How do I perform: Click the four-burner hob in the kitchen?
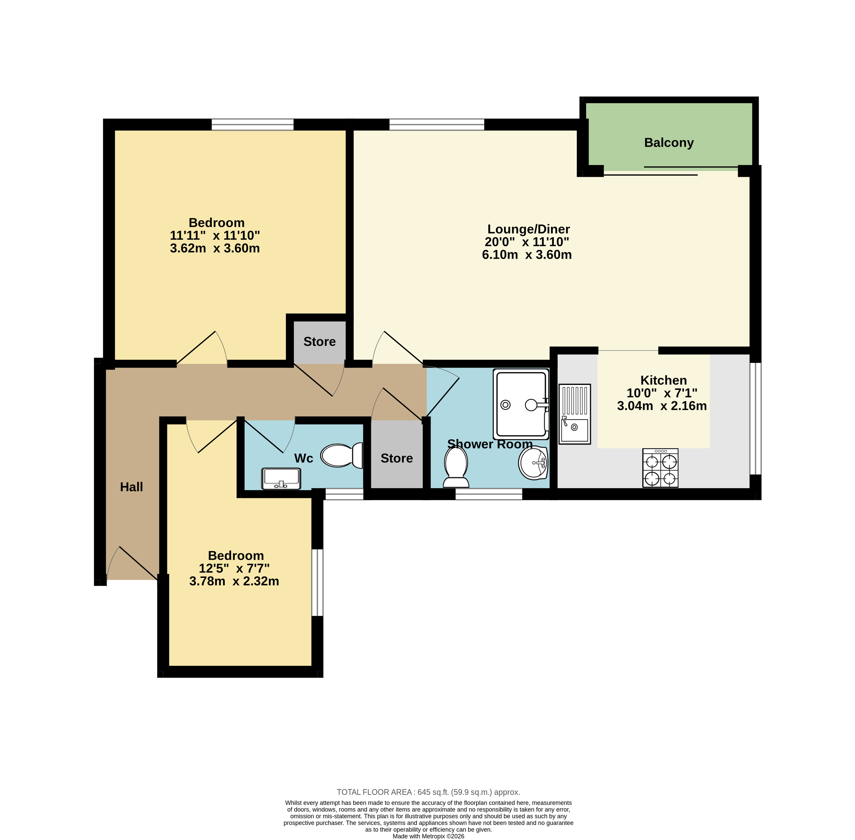(x=660, y=468)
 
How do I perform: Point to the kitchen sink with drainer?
(x=574, y=414)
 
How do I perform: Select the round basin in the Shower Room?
(x=533, y=463)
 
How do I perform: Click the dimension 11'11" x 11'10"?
(x=215, y=235)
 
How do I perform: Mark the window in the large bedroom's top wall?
(x=252, y=124)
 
